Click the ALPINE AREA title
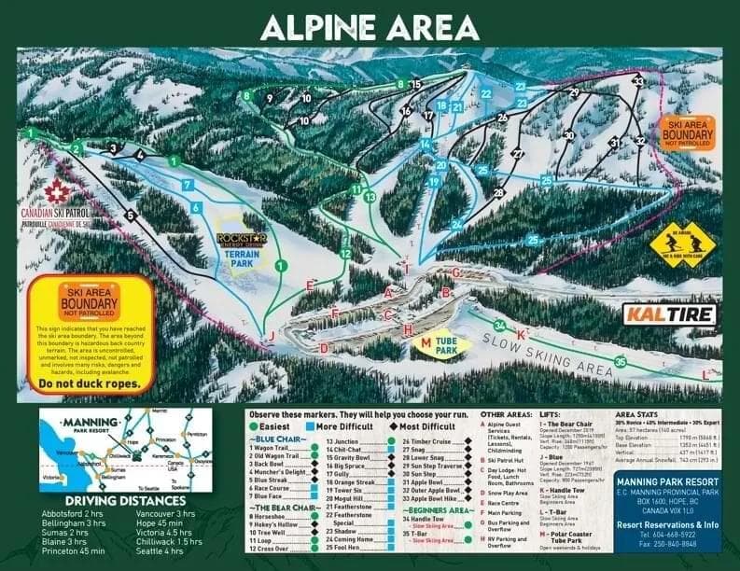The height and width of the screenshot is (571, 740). pyautogui.click(x=370, y=26)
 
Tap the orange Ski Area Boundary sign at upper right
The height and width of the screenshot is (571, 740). pyautogui.click(x=686, y=132)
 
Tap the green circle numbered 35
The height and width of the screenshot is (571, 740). pyautogui.click(x=619, y=361)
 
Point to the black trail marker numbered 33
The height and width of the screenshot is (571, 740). pyautogui.click(x=637, y=82)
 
